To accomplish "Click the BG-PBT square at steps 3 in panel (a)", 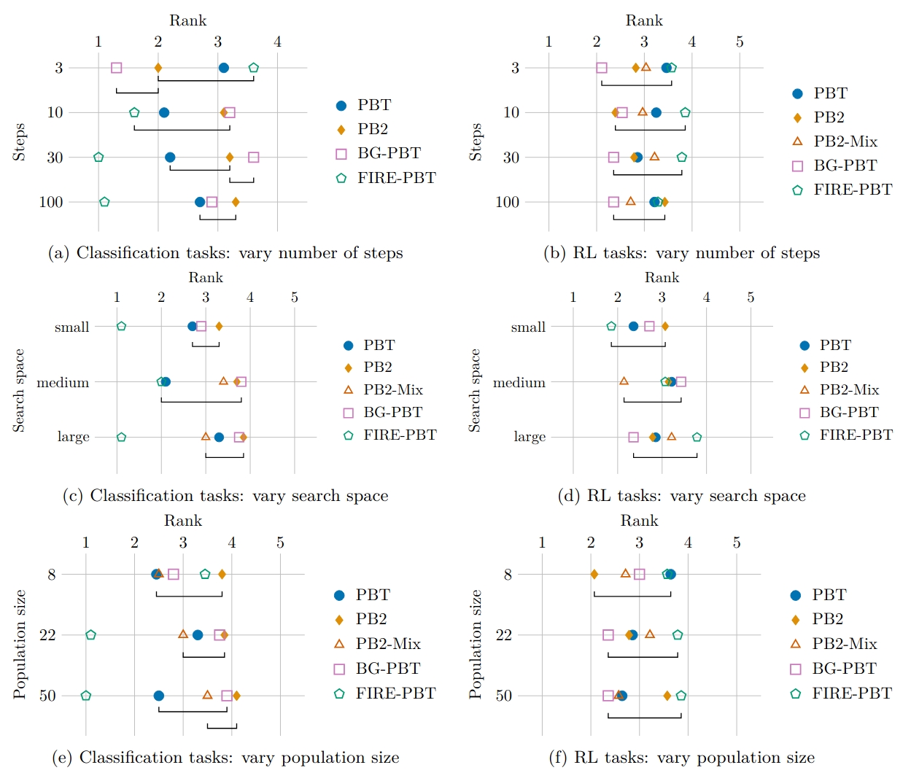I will (116, 68).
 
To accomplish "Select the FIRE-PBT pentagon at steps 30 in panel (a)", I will (98, 158).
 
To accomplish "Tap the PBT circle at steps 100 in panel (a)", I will (200, 202).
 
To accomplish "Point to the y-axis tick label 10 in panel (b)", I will (511, 112).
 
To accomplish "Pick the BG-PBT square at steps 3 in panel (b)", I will (602, 68).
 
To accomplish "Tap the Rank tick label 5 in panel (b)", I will (740, 42).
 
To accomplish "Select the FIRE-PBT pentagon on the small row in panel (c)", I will (122, 326).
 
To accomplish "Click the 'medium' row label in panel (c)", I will (63, 382).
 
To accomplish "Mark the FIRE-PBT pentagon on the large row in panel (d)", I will (697, 438).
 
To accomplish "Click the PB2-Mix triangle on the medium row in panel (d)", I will (624, 381).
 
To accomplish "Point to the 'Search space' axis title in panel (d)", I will (475, 390).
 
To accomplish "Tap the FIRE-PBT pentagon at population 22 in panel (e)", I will (90, 635).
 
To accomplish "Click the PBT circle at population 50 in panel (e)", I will (159, 696).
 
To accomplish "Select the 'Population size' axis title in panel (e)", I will (20, 644).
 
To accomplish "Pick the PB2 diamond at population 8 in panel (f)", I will (594, 575).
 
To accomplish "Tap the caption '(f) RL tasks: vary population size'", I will (681, 758).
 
